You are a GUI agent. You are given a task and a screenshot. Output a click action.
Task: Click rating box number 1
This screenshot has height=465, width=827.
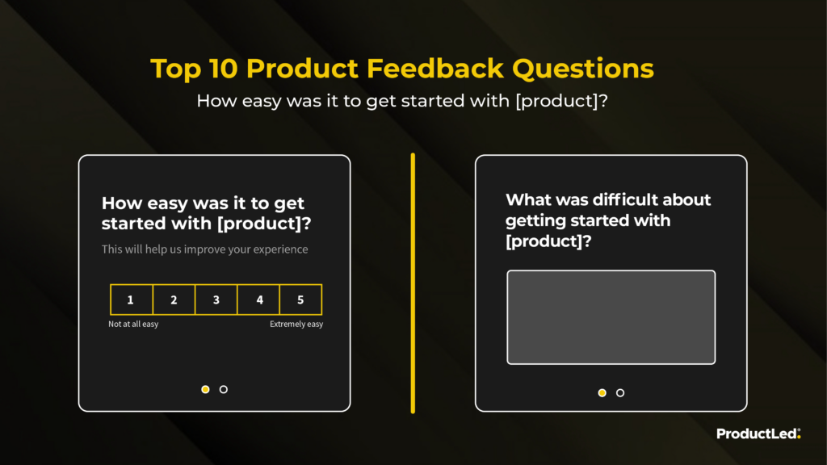click(x=132, y=300)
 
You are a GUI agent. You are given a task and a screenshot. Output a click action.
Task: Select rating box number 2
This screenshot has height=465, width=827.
click(x=174, y=300)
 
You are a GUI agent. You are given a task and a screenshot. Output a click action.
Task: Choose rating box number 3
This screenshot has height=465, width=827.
click(x=216, y=300)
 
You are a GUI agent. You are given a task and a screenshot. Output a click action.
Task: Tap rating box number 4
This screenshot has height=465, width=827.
click(x=258, y=300)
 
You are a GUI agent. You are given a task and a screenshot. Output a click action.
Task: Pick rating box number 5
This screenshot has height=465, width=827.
click(x=300, y=300)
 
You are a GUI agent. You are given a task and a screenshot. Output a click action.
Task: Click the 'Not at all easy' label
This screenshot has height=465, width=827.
click(x=133, y=325)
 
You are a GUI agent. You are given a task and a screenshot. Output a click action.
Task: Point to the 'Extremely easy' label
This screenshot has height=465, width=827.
click(x=296, y=325)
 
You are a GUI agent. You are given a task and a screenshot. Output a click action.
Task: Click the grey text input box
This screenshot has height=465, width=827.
click(x=611, y=317)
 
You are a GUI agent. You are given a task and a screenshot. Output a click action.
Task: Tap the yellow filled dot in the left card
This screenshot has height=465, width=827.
click(x=205, y=390)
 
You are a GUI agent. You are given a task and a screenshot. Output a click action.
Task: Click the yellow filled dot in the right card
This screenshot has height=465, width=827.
click(x=602, y=393)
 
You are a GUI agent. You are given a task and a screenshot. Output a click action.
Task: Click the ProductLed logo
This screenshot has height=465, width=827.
click(x=758, y=434)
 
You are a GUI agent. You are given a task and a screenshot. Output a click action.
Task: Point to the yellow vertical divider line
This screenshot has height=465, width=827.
click(x=413, y=283)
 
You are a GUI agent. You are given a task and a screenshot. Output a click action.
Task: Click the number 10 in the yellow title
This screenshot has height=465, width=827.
click(x=223, y=69)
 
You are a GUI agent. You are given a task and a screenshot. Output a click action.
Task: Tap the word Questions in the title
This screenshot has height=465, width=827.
click(x=583, y=69)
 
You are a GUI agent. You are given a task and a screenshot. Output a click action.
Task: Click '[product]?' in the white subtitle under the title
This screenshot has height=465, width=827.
click(x=562, y=101)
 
